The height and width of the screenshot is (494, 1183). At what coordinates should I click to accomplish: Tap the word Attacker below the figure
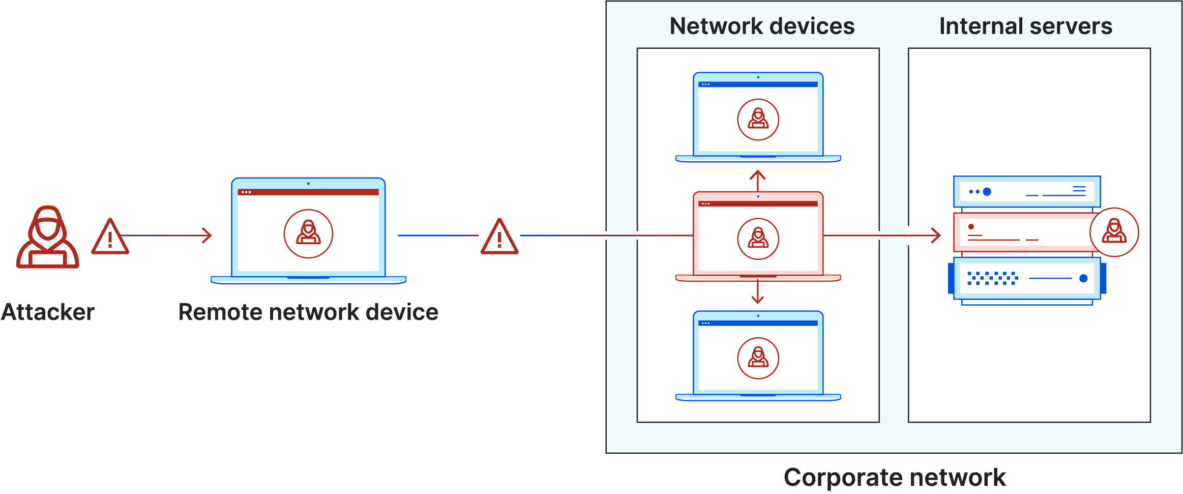click(x=47, y=312)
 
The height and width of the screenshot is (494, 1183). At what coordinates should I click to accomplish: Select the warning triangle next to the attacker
click(x=110, y=238)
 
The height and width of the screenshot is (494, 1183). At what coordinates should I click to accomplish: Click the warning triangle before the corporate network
click(x=499, y=238)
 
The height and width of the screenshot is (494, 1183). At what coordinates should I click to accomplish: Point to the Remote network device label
click(x=308, y=312)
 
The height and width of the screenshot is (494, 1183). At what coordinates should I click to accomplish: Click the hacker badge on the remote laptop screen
click(x=308, y=234)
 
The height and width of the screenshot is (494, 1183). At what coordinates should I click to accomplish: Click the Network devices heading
click(x=762, y=26)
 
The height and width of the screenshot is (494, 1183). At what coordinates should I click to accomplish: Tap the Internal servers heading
click(x=1025, y=26)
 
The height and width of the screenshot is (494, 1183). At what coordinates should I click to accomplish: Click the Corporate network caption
click(x=895, y=477)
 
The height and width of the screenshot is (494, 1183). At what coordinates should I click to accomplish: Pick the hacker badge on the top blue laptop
click(x=758, y=120)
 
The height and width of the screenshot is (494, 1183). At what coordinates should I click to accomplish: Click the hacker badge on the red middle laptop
click(x=758, y=239)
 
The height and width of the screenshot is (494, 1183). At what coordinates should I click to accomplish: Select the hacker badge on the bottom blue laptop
click(x=758, y=358)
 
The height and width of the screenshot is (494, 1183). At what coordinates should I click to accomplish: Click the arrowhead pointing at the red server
click(x=936, y=236)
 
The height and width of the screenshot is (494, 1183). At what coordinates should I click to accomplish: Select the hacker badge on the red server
click(x=1114, y=232)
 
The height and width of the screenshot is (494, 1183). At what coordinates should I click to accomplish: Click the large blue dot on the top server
click(x=987, y=192)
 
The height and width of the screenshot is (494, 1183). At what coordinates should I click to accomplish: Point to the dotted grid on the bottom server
click(x=992, y=278)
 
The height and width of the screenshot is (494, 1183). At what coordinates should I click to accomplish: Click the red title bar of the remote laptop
click(x=308, y=192)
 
